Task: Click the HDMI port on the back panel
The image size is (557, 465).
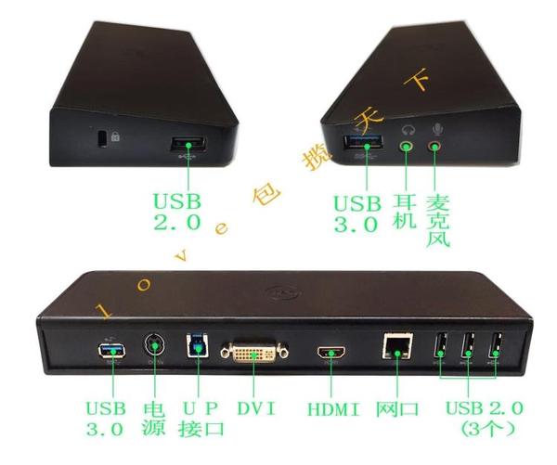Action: click(x=330, y=354)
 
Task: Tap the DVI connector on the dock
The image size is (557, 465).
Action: click(x=253, y=353)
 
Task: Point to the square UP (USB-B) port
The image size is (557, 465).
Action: click(x=196, y=348)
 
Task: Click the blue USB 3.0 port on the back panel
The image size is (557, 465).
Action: click(x=108, y=352)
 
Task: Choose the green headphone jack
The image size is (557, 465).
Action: click(x=406, y=146)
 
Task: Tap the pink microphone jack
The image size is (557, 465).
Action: click(x=434, y=146)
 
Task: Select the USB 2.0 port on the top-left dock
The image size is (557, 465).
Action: click(x=189, y=145)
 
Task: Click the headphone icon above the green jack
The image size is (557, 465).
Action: click(x=405, y=131)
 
